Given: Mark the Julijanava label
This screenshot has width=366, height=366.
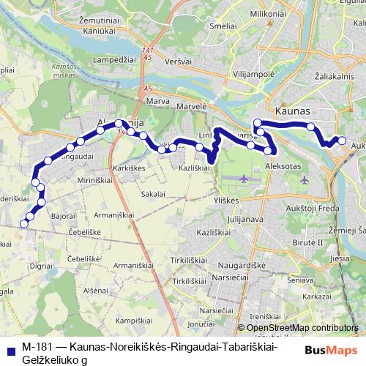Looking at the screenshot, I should pyautogui.click(x=244, y=217).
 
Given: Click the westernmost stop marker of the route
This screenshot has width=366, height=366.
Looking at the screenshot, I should pyautogui.click(x=23, y=225).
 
